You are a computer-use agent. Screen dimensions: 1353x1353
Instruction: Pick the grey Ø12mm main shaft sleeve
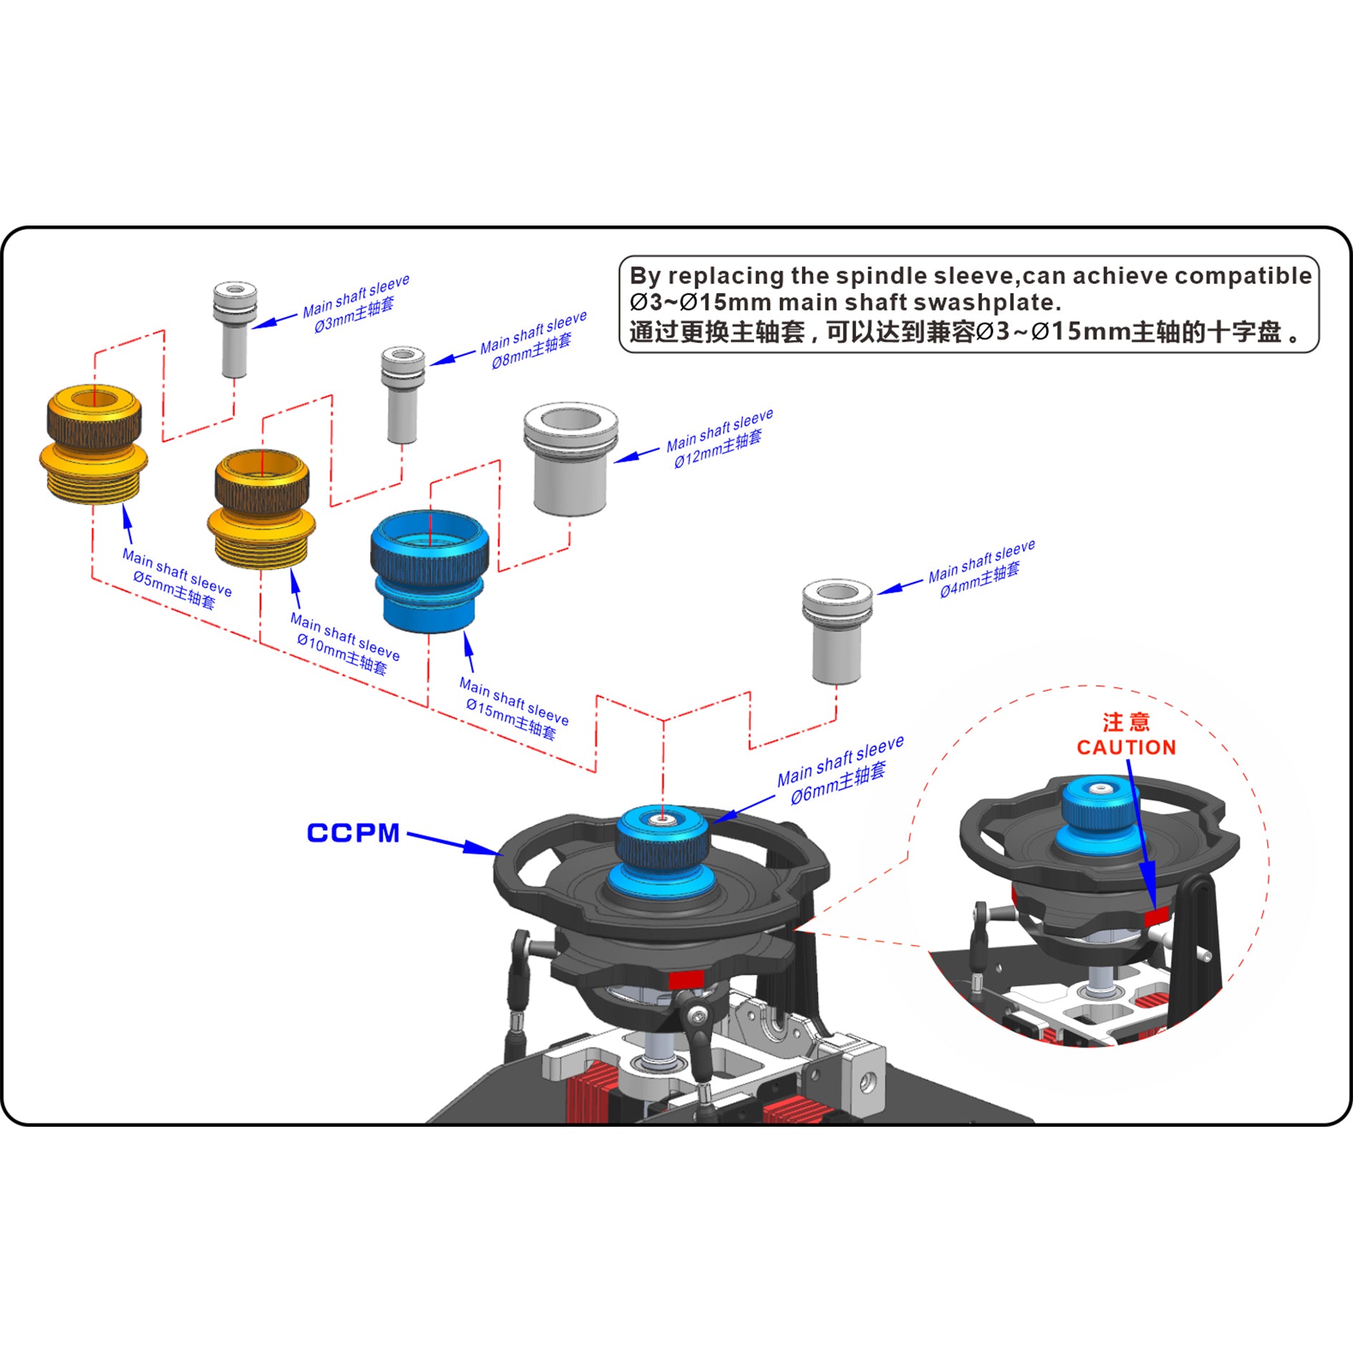click(x=571, y=458)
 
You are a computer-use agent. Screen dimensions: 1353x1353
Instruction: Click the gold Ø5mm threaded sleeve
click(x=94, y=444)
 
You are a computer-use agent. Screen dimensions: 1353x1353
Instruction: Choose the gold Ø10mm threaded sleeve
click(x=262, y=509)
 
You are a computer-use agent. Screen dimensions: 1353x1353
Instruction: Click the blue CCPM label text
click(x=353, y=833)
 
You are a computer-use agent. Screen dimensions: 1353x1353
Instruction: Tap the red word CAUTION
click(x=1126, y=747)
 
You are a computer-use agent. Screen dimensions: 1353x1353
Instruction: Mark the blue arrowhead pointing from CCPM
click(x=483, y=848)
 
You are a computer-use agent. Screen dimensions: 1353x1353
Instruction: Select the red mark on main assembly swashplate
click(x=686, y=979)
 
